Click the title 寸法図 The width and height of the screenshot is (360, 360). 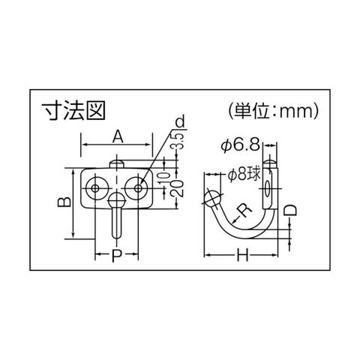[x=73, y=111]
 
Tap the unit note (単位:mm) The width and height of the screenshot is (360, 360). [x=274, y=110]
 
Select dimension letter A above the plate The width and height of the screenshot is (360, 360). [x=118, y=137]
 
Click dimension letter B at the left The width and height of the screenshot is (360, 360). [x=64, y=202]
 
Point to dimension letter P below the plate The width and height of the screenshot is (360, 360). [x=116, y=255]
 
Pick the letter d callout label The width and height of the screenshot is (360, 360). [x=180, y=121]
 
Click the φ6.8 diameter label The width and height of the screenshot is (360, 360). [x=240, y=145]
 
